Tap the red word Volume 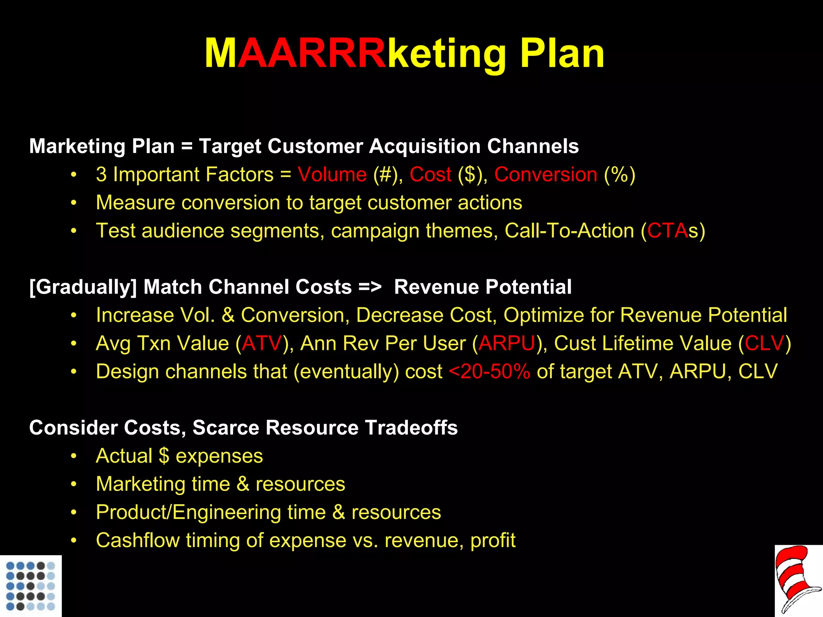[332, 175]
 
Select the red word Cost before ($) [430, 175]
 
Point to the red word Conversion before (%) [545, 175]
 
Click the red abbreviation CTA [667, 231]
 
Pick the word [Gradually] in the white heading [83, 287]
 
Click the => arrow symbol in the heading [370, 287]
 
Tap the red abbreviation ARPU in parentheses [507, 343]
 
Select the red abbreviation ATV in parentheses [262, 343]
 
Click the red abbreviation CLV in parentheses [764, 343]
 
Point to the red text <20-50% [489, 372]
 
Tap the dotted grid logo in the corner [31, 586]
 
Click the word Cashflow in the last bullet [137, 540]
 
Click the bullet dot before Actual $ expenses [74, 456]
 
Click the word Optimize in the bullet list [558, 315]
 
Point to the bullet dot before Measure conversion [74, 203]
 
